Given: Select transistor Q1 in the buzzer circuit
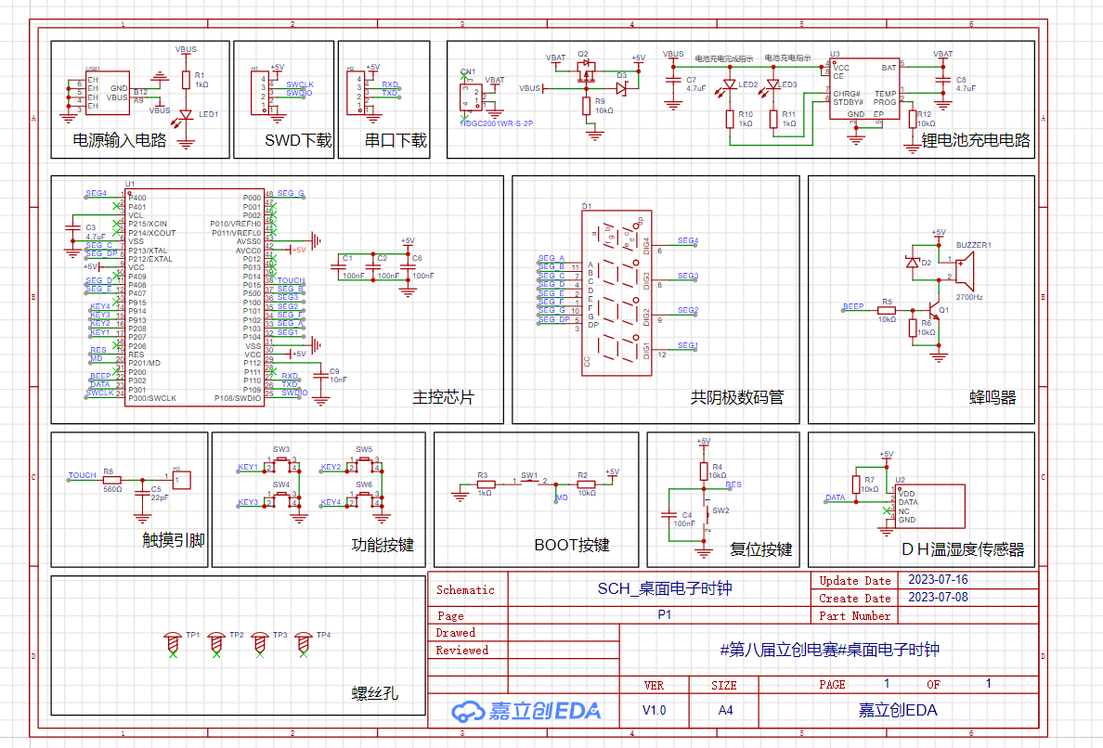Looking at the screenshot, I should [x=934, y=312].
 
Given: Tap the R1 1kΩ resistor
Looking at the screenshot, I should [x=186, y=80].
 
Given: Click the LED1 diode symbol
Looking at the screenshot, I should [x=186, y=115].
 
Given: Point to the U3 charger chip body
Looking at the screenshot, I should [x=864, y=93].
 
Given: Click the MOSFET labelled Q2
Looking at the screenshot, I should [x=586, y=71].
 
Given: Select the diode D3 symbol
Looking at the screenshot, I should [x=621, y=88].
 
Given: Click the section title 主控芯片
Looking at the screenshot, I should [x=443, y=397].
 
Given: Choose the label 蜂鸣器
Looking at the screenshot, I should [x=993, y=397].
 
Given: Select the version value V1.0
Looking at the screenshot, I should [x=654, y=710].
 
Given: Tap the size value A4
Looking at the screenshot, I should [x=724, y=710].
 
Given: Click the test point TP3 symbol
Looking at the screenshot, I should [x=260, y=641].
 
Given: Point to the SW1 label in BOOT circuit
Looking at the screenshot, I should [x=529, y=475].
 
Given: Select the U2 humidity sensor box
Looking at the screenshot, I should [x=928, y=506].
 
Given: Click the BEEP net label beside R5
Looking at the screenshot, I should [x=852, y=306].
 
